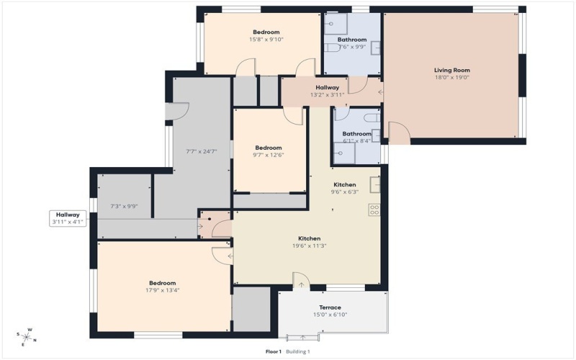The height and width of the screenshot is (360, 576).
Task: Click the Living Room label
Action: pos(451,70)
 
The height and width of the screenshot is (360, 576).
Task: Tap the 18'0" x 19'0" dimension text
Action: pos(451,78)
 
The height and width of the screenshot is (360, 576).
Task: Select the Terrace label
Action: pos(330,307)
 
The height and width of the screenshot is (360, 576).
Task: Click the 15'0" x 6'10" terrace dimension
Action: pos(330,315)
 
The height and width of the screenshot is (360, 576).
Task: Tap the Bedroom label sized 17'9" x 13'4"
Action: pos(162,283)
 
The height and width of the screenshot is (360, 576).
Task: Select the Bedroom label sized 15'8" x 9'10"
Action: pos(266,32)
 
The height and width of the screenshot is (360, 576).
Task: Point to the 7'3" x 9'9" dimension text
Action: pos(124,207)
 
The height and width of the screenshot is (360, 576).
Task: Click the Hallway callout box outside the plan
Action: pos(69,218)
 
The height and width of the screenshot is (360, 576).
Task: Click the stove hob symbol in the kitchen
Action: pos(374,210)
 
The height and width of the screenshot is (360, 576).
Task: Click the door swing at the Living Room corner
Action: pos(398,132)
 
